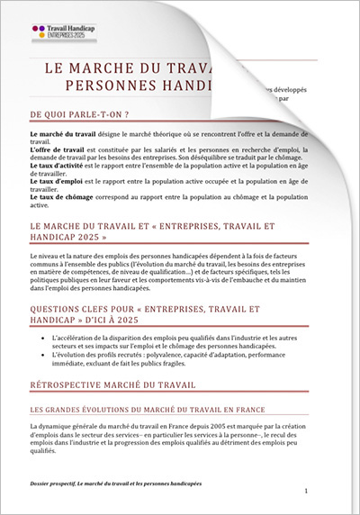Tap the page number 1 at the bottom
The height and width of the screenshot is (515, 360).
(x=306, y=491)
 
